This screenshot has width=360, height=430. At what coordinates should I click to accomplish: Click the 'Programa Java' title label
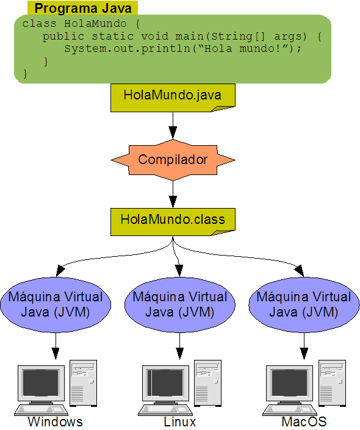pyautogui.click(x=82, y=8)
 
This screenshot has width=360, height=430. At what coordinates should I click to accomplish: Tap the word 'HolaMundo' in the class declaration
pyautogui.click(x=90, y=24)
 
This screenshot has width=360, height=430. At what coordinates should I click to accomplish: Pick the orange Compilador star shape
pyautogui.click(x=173, y=160)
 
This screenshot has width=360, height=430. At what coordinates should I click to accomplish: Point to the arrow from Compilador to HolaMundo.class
pyautogui.click(x=173, y=194)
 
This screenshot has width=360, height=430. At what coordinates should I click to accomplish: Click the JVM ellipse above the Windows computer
pyautogui.click(x=56, y=304)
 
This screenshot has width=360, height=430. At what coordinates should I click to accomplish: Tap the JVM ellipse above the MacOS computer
pyautogui.click(x=303, y=304)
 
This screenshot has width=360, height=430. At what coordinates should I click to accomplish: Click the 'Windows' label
pyautogui.click(x=55, y=422)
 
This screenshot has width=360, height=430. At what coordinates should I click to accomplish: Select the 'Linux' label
pyautogui.click(x=179, y=422)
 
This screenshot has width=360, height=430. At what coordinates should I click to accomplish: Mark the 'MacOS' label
pyautogui.click(x=304, y=422)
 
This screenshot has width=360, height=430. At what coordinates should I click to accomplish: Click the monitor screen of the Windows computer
pyautogui.click(x=41, y=382)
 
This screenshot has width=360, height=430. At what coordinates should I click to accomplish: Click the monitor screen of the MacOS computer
pyautogui.click(x=289, y=382)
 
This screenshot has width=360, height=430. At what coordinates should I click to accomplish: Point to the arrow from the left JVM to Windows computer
pyautogui.click(x=56, y=346)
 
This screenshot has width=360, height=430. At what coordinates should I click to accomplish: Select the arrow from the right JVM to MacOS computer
pyautogui.click(x=303, y=346)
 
